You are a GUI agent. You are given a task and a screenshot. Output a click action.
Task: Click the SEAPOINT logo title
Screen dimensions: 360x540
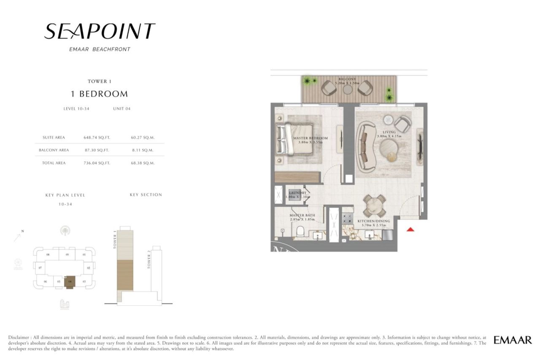point(100,31)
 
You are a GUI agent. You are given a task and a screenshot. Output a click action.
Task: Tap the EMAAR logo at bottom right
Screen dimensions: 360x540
point(513,340)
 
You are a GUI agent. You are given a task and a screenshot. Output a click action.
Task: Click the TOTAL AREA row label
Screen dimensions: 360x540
point(54,163)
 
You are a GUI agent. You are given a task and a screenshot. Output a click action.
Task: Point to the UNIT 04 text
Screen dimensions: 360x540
point(121,108)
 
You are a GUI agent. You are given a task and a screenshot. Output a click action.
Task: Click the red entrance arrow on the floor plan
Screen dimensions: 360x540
point(410,229)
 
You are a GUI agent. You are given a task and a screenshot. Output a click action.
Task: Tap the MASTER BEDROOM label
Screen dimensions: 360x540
point(310,138)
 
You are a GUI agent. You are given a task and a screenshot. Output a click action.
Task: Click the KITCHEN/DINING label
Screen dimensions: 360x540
point(374,221)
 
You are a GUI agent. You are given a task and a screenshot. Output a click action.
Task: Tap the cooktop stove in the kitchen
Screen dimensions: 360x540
point(348,218)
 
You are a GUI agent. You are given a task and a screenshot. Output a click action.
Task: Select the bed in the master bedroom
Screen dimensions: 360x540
point(294,140)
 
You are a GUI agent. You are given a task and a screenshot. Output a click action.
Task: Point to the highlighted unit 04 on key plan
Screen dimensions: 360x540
point(70,282)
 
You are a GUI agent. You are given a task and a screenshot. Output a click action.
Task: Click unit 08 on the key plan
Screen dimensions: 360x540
point(48,254)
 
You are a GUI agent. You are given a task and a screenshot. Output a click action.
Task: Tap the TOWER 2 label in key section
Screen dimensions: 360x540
point(149,260)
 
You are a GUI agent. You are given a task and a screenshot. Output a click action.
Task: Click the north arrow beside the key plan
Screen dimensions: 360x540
point(18,236)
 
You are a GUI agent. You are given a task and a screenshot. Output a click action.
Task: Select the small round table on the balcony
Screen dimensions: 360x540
point(347,89)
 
